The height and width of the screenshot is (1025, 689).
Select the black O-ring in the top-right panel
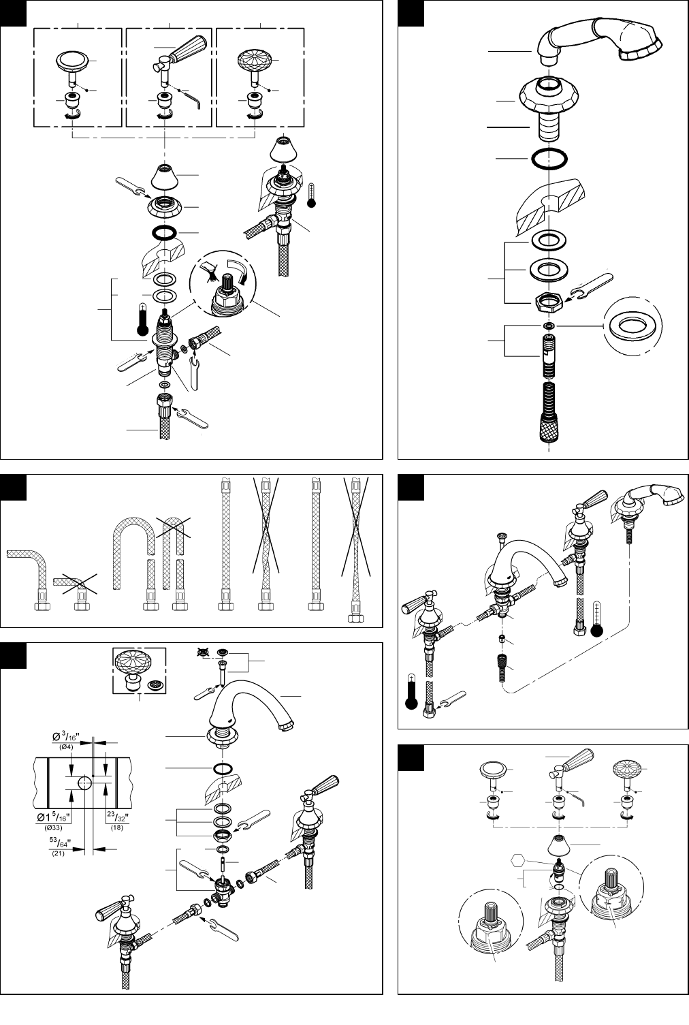coord(549,158)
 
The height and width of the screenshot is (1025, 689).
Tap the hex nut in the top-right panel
coord(549,302)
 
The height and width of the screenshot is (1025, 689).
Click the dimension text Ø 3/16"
coord(66,737)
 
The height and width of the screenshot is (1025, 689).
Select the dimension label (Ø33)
coord(54,827)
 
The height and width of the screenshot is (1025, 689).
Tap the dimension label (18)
coord(116,827)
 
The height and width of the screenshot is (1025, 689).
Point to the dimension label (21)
coord(58,853)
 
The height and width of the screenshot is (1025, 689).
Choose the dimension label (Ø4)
coord(66,747)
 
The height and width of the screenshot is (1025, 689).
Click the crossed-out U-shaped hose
coord(174,553)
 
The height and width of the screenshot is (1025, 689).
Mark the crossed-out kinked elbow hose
coord(75,584)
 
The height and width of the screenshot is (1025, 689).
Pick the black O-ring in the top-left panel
coord(165,232)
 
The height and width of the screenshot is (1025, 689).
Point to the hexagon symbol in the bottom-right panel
coord(517,860)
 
